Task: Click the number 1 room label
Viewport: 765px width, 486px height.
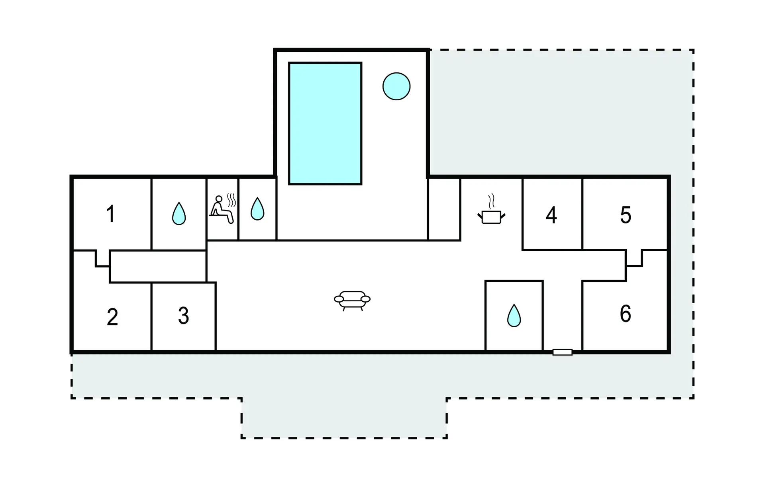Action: pyautogui.click(x=111, y=214)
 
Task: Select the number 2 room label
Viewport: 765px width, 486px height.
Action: pyautogui.click(x=112, y=317)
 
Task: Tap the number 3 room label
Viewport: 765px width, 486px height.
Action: pyautogui.click(x=183, y=316)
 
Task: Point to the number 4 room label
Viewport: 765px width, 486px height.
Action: pyautogui.click(x=551, y=215)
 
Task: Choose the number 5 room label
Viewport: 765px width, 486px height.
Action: pyautogui.click(x=626, y=215)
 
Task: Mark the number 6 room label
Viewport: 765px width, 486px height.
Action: pyautogui.click(x=626, y=313)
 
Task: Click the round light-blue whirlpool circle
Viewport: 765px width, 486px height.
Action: pyautogui.click(x=396, y=86)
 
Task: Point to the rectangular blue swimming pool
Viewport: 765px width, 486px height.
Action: pyautogui.click(x=325, y=123)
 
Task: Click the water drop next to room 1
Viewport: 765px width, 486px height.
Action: pyautogui.click(x=179, y=214)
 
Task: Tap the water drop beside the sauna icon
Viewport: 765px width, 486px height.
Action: pyautogui.click(x=257, y=209)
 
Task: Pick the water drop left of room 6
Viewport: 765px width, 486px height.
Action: pyautogui.click(x=514, y=316)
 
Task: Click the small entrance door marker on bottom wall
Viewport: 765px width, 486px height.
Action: pyautogui.click(x=563, y=352)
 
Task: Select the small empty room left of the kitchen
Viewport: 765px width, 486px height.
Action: pyautogui.click(x=444, y=209)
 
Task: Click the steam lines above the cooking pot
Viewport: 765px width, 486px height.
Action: pyautogui.click(x=491, y=202)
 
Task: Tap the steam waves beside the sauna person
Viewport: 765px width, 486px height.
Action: pyautogui.click(x=231, y=200)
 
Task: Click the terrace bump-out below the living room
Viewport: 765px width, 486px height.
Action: pyautogui.click(x=344, y=418)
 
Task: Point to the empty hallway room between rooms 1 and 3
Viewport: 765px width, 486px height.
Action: pyautogui.click(x=158, y=267)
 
